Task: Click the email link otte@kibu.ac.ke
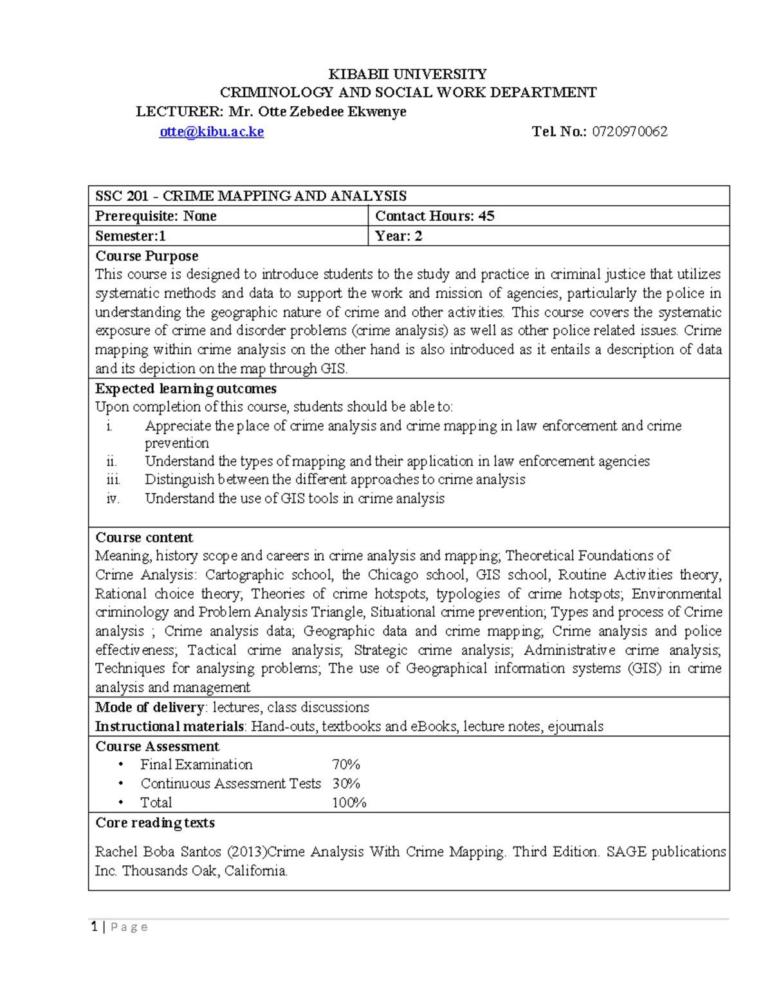click(212, 132)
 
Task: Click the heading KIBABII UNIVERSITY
click(408, 74)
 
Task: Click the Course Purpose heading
click(147, 256)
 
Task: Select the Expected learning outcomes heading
click(186, 389)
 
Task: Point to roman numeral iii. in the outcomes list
click(113, 480)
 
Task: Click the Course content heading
click(144, 538)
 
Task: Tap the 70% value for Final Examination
click(346, 765)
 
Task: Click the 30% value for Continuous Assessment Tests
click(346, 784)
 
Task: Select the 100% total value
click(349, 803)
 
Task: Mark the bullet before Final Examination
click(120, 765)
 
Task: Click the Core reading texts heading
click(155, 823)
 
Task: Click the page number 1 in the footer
click(95, 927)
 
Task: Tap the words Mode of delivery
click(150, 708)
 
